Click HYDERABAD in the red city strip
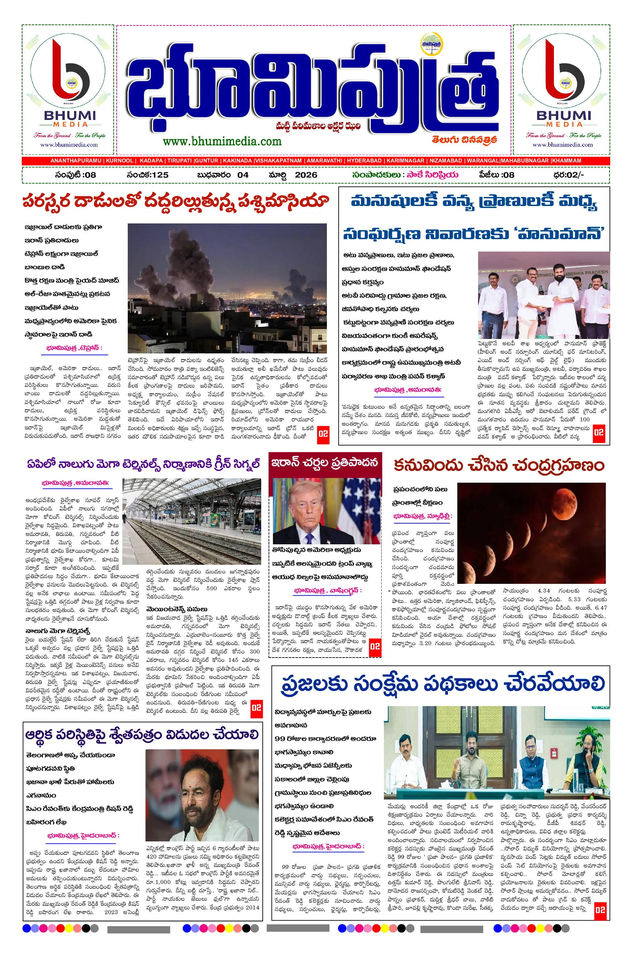point(364,161)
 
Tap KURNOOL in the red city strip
point(120,161)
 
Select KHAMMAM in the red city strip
point(567,161)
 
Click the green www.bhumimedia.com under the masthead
point(222,141)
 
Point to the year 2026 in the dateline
point(306,175)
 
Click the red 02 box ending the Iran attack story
point(323,434)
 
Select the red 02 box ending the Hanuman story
point(598,433)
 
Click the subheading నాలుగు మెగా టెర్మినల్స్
point(58,631)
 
